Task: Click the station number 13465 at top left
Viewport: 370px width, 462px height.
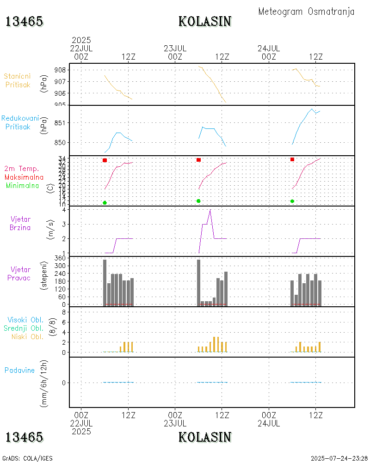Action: pyautogui.click(x=25, y=21)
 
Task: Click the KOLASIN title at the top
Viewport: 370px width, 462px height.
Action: pyautogui.click(x=205, y=21)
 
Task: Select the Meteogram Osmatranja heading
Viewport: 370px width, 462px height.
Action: pyautogui.click(x=306, y=12)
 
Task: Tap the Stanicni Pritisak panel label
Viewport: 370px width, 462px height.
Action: pyautogui.click(x=18, y=80)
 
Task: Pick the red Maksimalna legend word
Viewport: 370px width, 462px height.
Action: pyautogui.click(x=24, y=177)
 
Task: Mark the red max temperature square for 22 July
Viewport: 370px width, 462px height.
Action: pyautogui.click(x=105, y=160)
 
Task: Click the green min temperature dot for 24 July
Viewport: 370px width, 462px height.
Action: pyautogui.click(x=292, y=201)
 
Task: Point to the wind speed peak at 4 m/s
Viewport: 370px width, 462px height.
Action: pyautogui.click(x=210, y=210)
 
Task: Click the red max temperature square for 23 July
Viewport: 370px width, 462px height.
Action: pyautogui.click(x=198, y=160)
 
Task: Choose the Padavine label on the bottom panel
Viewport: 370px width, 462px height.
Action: pyautogui.click(x=19, y=370)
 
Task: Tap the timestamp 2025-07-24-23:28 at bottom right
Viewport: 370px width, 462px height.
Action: pyautogui.click(x=339, y=458)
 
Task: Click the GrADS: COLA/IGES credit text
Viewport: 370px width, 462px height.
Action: pyautogui.click(x=27, y=458)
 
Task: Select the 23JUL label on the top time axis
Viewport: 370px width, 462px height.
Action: pyautogui.click(x=175, y=48)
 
